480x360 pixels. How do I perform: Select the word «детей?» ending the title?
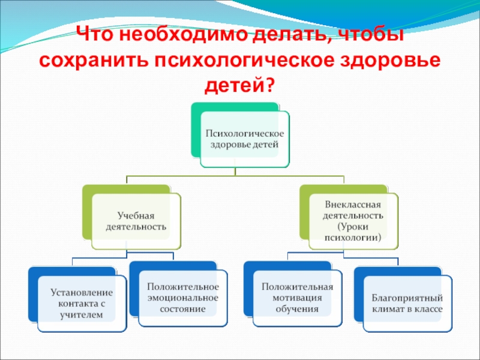pos(240,88)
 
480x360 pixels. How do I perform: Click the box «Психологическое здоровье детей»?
pos(244,139)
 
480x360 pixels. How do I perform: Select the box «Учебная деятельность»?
pos(135,221)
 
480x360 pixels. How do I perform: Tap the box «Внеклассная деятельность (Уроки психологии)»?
pos(353,221)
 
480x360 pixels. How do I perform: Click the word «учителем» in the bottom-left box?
pos(81,314)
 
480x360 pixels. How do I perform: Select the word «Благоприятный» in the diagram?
pos(407,298)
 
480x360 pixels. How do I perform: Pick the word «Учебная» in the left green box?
pos(136,216)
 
